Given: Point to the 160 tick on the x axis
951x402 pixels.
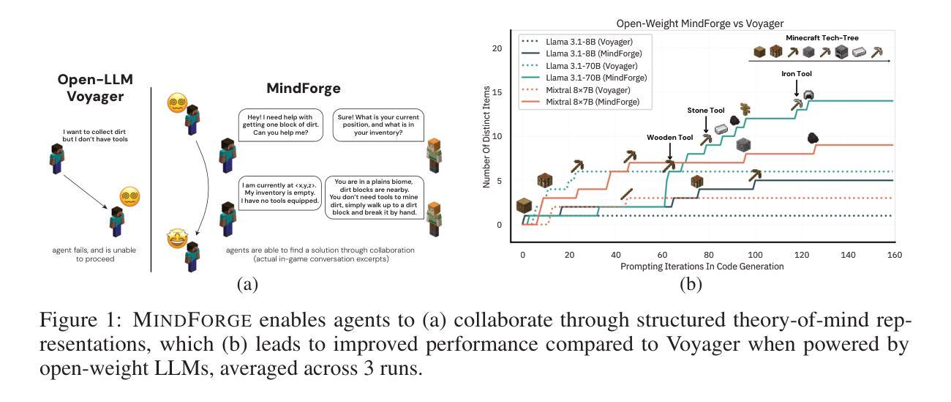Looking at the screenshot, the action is click(893, 254).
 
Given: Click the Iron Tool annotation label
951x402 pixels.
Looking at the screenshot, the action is click(796, 74).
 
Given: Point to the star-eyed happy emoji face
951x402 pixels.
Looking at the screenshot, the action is click(176, 239).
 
